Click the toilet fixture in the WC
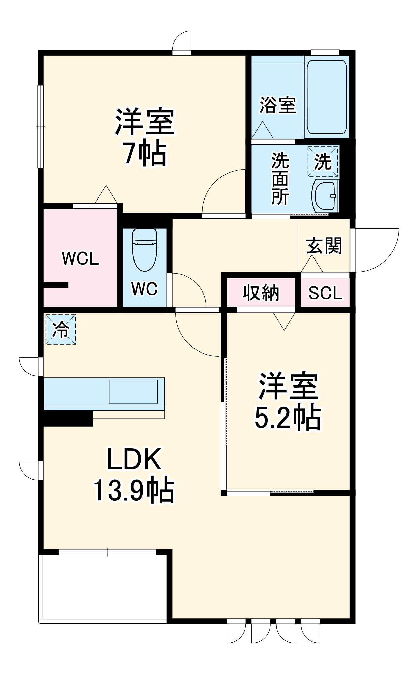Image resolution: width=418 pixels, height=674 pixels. (145, 249)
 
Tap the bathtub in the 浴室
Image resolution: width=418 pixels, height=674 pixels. (326, 98)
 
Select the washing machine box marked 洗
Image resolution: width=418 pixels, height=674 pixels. (323, 161)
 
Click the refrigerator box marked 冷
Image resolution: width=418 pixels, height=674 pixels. (61, 329)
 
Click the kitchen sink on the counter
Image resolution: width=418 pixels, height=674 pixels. (133, 391)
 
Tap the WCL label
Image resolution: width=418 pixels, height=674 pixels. (80, 258)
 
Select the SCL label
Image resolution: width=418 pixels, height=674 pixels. (325, 293)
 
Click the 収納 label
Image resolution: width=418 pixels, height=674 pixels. (261, 293)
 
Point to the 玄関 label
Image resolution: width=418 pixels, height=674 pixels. (324, 246)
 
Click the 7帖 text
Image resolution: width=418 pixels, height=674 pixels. (145, 154)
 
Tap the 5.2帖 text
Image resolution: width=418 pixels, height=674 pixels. (287, 418)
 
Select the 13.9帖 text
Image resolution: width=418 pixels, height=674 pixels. (133, 490)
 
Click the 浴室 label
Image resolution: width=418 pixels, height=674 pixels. (277, 105)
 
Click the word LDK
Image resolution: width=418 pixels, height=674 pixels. (134, 459)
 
